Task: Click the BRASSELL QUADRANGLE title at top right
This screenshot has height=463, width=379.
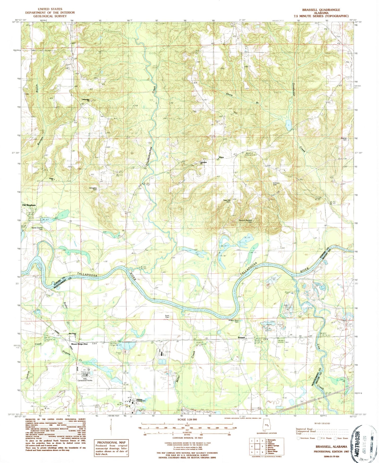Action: (321, 10)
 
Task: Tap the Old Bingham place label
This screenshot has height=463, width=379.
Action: (28, 205)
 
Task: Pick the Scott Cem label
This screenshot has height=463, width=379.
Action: (167, 316)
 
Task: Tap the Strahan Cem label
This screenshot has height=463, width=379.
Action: (344, 139)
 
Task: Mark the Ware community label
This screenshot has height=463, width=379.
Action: (221, 157)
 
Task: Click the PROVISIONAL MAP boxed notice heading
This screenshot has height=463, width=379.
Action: (111, 442)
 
